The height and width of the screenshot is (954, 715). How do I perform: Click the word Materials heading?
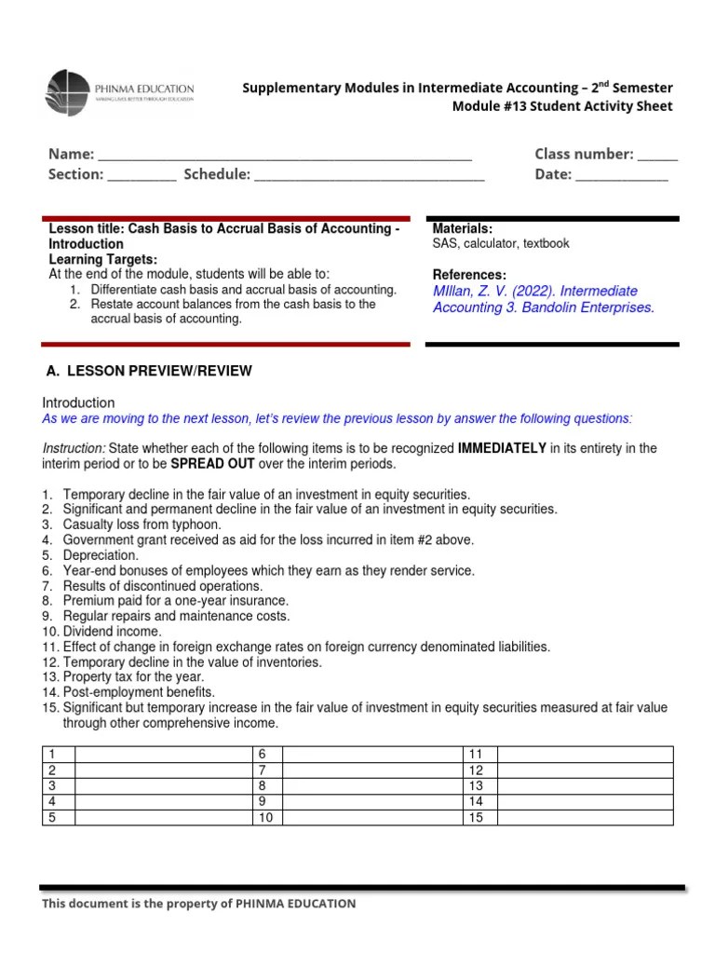point(463,229)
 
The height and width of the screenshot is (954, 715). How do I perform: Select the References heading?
point(470,275)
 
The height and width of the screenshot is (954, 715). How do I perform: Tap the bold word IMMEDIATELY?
point(502,448)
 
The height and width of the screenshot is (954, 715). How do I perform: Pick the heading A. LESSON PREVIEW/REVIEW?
point(149,371)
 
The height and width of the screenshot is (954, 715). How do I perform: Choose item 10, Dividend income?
point(98,631)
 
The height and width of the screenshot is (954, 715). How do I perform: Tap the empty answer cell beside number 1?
point(163,754)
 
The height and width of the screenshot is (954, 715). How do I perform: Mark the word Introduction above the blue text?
point(79,402)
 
